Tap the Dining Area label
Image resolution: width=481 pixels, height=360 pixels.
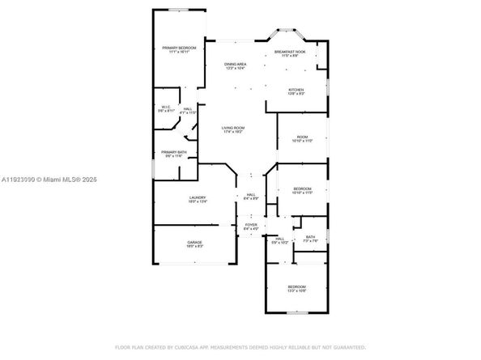click(x=236, y=66)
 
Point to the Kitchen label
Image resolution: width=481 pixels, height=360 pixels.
click(x=296, y=91)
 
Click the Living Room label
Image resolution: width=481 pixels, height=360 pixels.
click(x=234, y=129)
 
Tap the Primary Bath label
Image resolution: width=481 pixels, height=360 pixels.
click(x=174, y=154)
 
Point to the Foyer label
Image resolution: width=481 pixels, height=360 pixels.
click(x=250, y=227)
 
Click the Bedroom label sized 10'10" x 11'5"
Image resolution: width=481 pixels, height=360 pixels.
click(x=302, y=191)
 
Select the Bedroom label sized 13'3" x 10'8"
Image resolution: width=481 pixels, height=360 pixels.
click(x=297, y=290)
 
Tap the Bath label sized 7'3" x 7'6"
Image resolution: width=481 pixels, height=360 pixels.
click(x=310, y=239)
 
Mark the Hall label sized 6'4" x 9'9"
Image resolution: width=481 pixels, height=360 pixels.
click(x=251, y=196)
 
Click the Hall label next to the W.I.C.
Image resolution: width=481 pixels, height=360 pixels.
click(x=187, y=110)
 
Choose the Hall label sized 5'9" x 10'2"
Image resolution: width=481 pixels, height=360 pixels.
click(x=280, y=241)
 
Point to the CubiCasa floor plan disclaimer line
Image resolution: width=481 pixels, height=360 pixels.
click(x=240, y=347)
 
